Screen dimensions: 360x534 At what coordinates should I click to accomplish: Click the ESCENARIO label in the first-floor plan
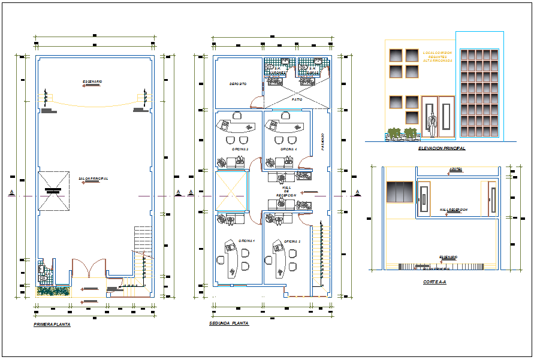[x=92, y=81]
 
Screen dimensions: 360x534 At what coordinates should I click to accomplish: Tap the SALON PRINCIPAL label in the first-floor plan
[x=93, y=178]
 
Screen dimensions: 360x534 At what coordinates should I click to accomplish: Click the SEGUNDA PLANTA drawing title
[x=228, y=323]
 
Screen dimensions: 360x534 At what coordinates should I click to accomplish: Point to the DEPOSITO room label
[x=238, y=84]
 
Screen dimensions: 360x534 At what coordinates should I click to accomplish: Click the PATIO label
[x=297, y=99]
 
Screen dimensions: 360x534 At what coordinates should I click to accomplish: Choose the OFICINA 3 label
[x=240, y=149]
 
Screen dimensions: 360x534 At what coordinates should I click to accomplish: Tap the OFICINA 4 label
[x=288, y=149]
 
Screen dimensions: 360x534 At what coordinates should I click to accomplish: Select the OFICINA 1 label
[x=246, y=241]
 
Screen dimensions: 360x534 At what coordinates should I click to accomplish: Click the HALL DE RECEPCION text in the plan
[x=286, y=190]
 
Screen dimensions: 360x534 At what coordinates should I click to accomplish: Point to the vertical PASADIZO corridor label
[x=322, y=142]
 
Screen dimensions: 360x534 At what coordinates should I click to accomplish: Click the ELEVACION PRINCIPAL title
[x=442, y=148]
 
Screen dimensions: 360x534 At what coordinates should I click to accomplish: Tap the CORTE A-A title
[x=434, y=282]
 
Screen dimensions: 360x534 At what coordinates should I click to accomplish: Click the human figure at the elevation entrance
[x=431, y=124]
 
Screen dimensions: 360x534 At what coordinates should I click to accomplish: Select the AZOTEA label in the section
[x=455, y=169]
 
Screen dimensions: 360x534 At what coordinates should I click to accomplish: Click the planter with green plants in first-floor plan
[x=53, y=291]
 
